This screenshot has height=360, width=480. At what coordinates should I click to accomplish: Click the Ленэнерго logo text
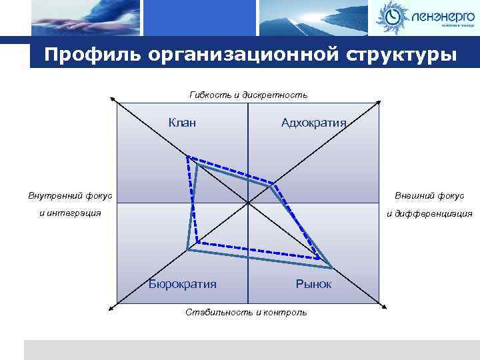tap(441, 15)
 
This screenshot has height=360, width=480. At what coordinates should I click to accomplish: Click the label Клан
tap(182, 122)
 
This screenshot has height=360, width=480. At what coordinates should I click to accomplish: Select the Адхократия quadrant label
tap(314, 122)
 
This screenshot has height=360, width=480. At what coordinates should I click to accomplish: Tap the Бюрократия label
tap(183, 284)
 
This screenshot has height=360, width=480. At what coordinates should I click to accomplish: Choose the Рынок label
tap(313, 284)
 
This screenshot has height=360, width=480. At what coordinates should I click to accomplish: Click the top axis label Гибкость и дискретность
tap(248, 95)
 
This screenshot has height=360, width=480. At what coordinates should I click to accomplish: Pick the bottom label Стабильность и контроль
tap(247, 311)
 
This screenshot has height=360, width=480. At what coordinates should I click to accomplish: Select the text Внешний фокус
tap(429, 195)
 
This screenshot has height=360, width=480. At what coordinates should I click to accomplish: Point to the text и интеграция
tap(70, 213)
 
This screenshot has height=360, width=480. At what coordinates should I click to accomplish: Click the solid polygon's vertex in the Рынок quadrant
tap(331, 268)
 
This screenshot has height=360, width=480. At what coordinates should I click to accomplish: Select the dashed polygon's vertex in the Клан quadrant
tap(188, 157)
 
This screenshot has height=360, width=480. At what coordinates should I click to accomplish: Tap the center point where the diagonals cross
tap(247, 203)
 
